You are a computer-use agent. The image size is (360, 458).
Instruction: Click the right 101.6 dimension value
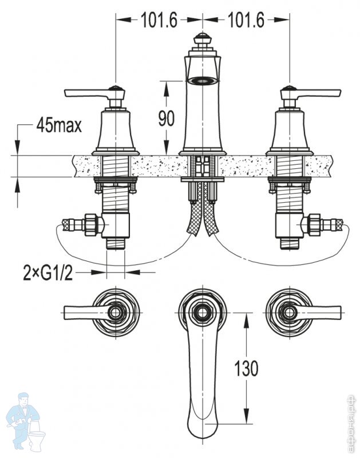[246, 21]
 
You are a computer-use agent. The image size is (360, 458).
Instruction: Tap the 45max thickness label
[58, 125]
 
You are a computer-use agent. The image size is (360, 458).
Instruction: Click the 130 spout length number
[246, 367]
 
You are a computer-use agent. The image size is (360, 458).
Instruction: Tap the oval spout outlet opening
[201, 80]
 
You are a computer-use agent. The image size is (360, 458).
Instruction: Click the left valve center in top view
[117, 311]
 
